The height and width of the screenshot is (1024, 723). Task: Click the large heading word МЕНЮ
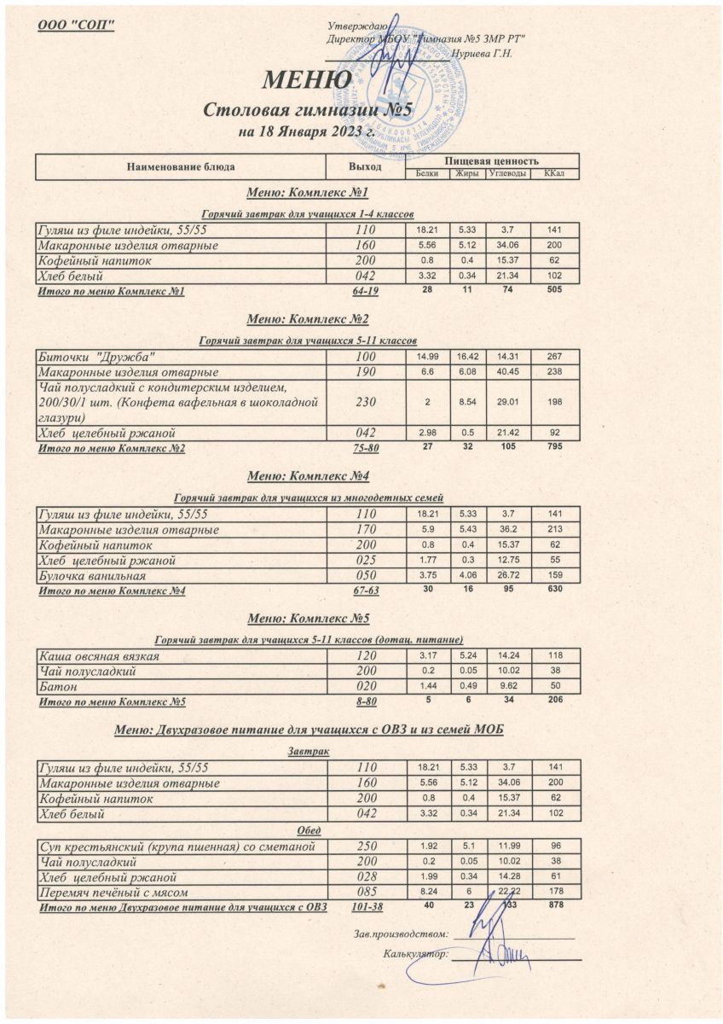pos(307,80)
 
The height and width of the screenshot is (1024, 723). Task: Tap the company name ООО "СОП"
pos(77,22)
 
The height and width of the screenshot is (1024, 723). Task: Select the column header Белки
pos(427,174)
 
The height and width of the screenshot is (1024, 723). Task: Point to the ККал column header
pos(555,174)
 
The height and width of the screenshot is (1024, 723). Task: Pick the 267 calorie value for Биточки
pos(555,356)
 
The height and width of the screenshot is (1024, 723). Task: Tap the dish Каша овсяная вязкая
pos(99,657)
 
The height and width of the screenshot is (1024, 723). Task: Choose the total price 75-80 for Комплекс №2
pos(365,448)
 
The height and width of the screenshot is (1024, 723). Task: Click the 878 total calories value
pos(555,907)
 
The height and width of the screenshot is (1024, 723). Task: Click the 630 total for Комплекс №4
pos(555,590)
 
